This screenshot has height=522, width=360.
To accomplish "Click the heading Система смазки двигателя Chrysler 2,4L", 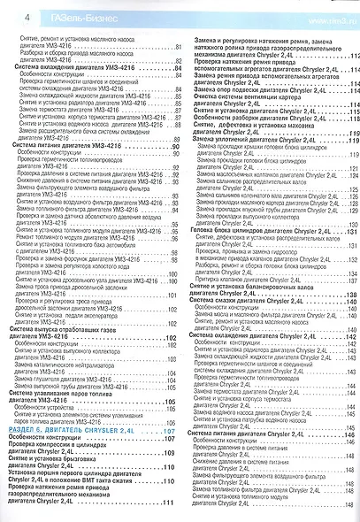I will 256,301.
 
